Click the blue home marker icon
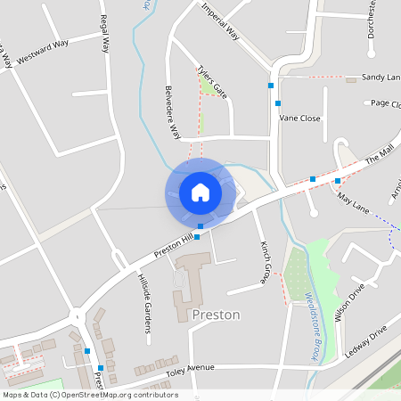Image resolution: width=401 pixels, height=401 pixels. click(200, 192)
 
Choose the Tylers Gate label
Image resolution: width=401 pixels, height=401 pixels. click(213, 81)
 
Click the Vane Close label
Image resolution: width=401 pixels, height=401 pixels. click(299, 118)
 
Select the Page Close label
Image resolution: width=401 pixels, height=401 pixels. click(385, 103)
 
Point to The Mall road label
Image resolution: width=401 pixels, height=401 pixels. click(379, 160)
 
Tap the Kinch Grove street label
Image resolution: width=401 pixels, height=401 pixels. click(265, 261)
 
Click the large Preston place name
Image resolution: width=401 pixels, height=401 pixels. click(216, 315)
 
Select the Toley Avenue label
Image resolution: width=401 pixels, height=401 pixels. click(189, 366)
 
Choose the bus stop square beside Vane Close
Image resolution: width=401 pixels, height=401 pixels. click(279, 104)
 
